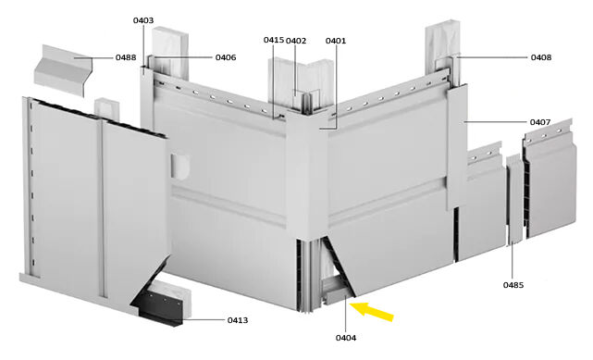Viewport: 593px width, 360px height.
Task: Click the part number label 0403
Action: coord(143,20)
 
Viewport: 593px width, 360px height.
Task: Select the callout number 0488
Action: coord(126,57)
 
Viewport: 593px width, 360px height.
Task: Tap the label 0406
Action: coord(226,57)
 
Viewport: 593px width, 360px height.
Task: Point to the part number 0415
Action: coord(274,40)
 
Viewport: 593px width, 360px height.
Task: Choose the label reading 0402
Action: coord(296,41)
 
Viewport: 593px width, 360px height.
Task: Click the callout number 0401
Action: coord(336,41)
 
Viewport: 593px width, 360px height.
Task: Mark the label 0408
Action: coord(541,57)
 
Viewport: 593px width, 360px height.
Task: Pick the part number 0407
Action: coord(540,122)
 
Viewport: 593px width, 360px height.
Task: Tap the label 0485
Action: coord(513,285)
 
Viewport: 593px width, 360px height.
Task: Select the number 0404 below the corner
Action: coord(346,338)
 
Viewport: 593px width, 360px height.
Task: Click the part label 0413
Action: coord(238,320)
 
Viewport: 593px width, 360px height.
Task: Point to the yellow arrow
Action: coord(372,311)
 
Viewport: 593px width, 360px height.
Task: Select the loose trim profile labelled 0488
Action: coord(64,71)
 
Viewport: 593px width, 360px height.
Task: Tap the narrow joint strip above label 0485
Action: coord(514,199)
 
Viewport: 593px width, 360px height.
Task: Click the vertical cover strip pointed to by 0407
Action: coord(456,147)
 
